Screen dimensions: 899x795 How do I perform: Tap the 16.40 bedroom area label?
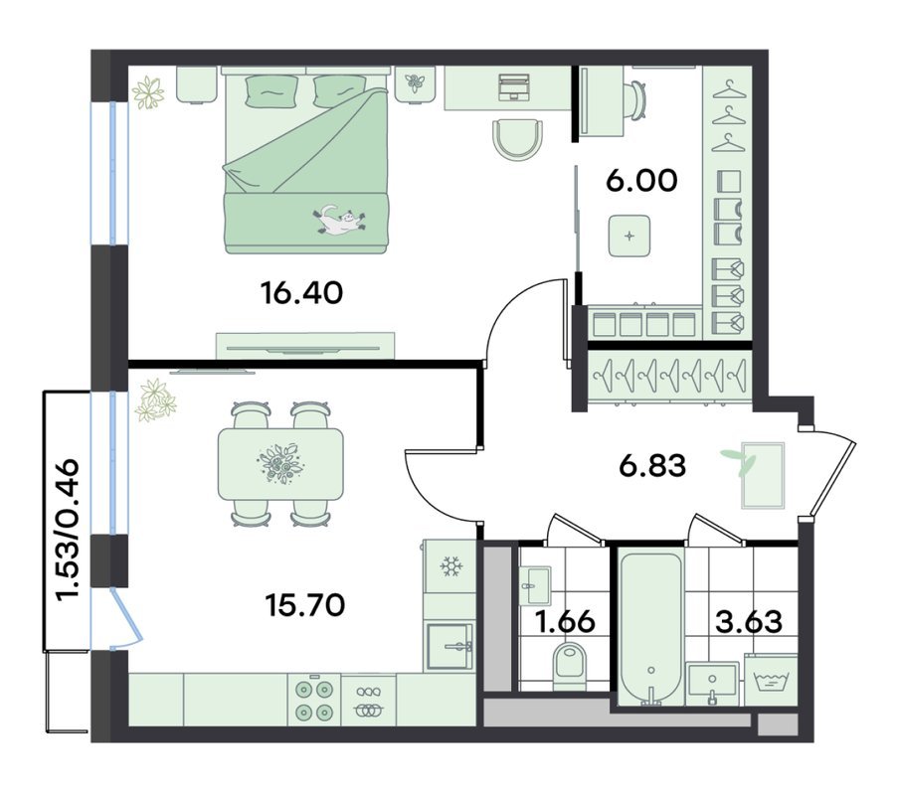(301, 293)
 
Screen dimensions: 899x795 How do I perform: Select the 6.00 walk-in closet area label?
(641, 181)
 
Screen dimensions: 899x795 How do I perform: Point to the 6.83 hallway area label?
(652, 466)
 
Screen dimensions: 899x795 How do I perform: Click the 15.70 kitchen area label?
(305, 605)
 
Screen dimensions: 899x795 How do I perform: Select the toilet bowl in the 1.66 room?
(570, 666)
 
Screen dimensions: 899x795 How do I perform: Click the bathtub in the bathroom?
(652, 628)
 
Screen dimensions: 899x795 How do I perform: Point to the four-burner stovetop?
(314, 700)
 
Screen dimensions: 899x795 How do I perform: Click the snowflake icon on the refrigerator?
(451, 566)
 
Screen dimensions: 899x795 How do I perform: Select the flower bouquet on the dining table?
(280, 462)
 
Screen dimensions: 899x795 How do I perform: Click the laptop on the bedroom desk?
(513, 85)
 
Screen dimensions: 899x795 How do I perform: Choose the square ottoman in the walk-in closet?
(629, 236)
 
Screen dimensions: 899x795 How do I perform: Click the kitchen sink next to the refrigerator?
(450, 645)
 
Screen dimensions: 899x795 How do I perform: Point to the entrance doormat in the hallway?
(763, 475)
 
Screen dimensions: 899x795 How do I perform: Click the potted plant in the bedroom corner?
(148, 92)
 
